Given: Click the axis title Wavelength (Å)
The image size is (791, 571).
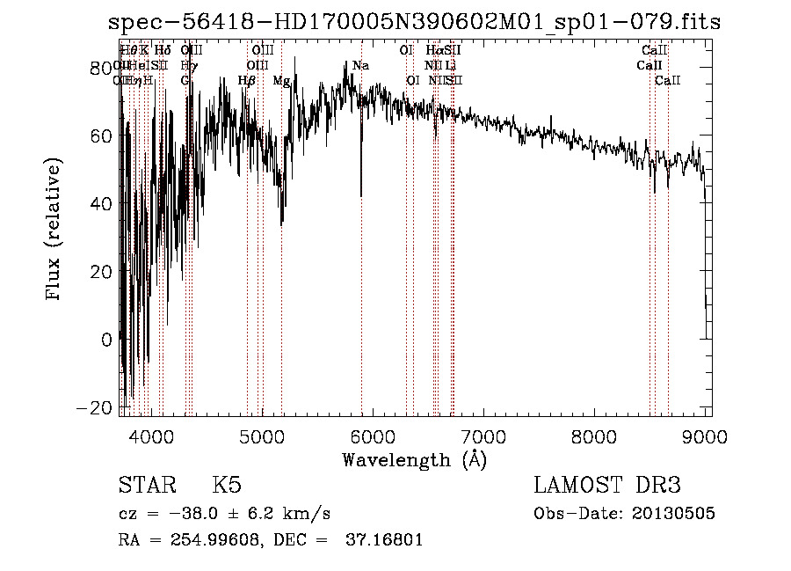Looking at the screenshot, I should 414,459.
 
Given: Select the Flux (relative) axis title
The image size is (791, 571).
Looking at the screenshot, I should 54,231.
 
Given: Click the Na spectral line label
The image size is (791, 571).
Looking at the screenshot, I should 360,66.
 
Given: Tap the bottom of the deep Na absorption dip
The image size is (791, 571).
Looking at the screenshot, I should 361,194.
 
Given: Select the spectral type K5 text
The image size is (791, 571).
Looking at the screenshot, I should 227,486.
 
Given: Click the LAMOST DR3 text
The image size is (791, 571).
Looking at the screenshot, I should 606,486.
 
